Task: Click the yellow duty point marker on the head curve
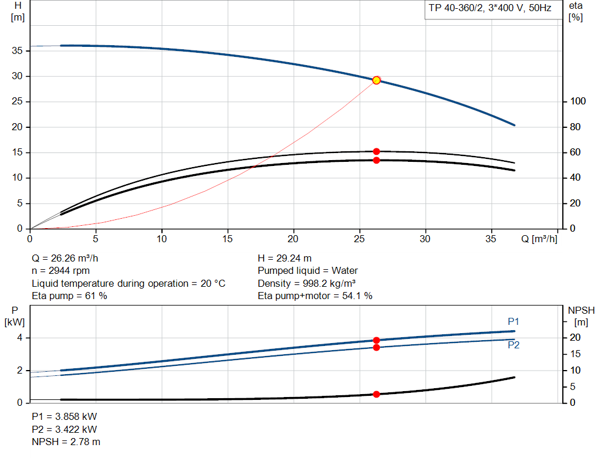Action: (x=376, y=80)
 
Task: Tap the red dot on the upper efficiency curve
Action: (x=376, y=151)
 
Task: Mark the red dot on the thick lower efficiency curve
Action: (x=376, y=160)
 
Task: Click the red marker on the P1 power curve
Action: (x=376, y=340)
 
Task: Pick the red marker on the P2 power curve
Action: (x=376, y=347)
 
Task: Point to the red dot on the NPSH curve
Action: (x=376, y=394)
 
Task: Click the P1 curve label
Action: (x=514, y=321)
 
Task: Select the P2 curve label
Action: (x=514, y=345)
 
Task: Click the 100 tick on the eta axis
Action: (x=578, y=101)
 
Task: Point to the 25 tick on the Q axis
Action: (x=359, y=239)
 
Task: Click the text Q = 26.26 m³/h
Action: (x=70, y=258)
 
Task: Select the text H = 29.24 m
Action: (x=285, y=258)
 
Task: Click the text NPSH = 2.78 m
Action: (x=66, y=442)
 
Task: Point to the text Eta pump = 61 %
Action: (x=69, y=296)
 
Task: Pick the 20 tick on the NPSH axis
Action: (x=575, y=337)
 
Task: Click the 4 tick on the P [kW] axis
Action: (x=19, y=338)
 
